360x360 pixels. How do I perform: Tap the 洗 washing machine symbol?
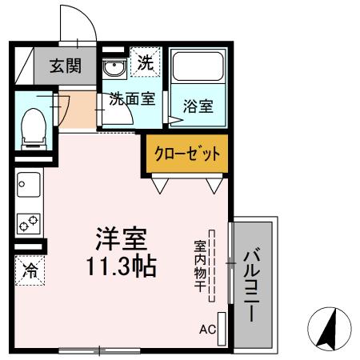145,63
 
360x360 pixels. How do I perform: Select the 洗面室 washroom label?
130,101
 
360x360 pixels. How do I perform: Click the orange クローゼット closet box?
185,154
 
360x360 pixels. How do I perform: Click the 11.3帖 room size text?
121,266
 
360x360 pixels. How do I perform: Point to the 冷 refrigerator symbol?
30,271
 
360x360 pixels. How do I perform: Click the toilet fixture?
32,127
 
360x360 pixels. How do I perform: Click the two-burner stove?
30,222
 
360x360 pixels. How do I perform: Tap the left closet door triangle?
162,186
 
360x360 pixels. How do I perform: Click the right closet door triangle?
214,186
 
